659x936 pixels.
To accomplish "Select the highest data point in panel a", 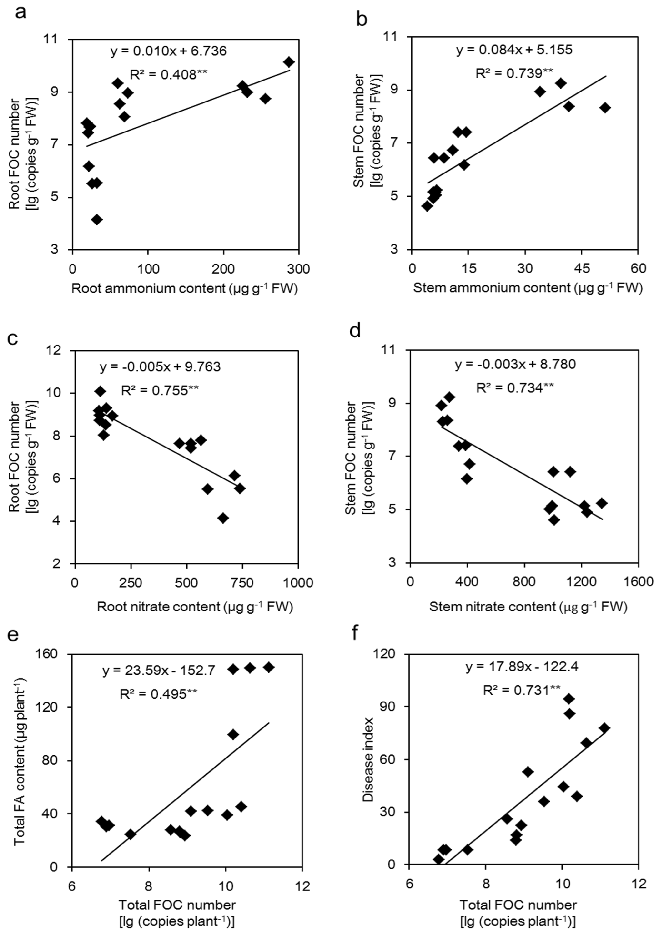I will coord(289,62).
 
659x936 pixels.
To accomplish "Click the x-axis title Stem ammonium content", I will coord(527,288).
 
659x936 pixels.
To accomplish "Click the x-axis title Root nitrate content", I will coord(195,607).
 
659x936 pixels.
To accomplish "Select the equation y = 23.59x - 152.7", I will coord(159,671).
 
